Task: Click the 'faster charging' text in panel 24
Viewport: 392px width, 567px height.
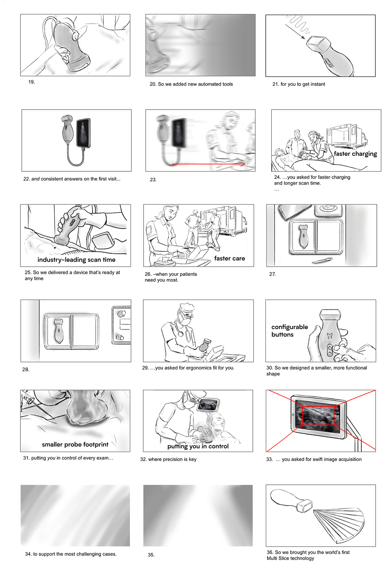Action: tap(355, 154)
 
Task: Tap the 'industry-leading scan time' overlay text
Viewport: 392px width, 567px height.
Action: tap(76, 260)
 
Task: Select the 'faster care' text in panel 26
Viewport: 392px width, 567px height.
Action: tap(229, 259)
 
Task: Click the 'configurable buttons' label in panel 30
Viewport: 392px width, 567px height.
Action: tap(290, 331)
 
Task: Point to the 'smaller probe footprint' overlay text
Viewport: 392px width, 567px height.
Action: tap(75, 445)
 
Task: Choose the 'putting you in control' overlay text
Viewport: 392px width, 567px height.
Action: tap(198, 446)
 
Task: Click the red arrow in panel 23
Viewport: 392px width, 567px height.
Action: tap(208, 164)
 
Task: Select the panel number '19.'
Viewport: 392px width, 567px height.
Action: tap(32, 82)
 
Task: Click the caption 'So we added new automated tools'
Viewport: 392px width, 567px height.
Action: tap(195, 84)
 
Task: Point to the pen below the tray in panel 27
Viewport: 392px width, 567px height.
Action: tap(322, 260)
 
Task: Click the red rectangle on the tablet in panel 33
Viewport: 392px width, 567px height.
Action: tap(318, 415)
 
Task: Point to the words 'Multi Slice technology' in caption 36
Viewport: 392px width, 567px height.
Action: tap(290, 558)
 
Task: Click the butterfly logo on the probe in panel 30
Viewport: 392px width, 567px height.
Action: tap(329, 336)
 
